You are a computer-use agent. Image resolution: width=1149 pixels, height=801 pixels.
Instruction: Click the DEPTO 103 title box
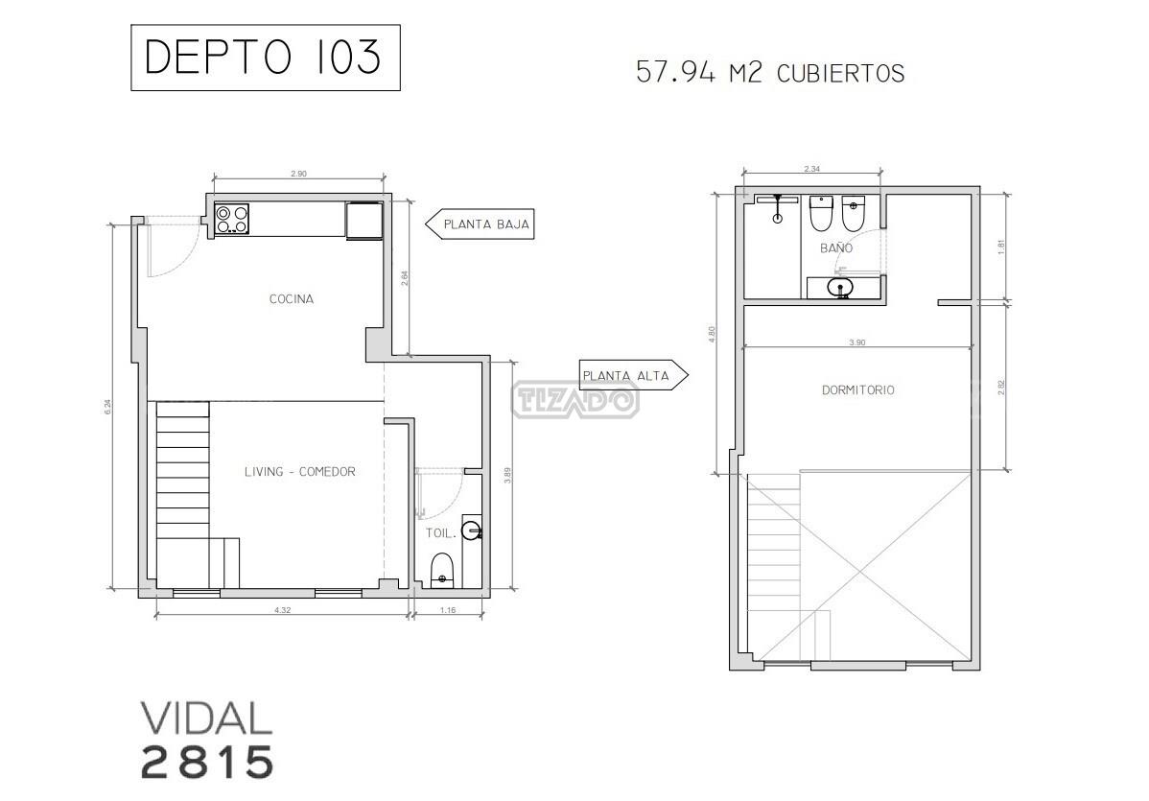[x=266, y=58]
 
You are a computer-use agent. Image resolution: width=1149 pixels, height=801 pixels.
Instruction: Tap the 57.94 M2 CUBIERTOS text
[x=770, y=73]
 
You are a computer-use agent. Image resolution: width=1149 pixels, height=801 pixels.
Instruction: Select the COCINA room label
[x=292, y=299]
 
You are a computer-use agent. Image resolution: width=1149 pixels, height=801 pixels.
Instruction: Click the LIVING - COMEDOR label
[x=299, y=472]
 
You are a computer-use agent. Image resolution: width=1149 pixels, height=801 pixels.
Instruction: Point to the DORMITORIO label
[x=858, y=390]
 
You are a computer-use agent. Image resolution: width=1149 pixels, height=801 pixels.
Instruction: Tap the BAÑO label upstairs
[x=836, y=247]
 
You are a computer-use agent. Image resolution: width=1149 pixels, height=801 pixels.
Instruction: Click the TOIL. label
[x=441, y=533]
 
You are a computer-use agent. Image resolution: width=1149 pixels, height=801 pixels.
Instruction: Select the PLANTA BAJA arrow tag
[x=480, y=224]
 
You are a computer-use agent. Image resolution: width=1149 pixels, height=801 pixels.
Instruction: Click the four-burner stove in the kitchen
[x=231, y=219]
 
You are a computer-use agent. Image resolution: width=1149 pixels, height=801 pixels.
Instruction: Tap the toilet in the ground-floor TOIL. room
[x=441, y=570]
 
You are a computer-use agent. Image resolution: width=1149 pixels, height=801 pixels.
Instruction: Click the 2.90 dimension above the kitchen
[x=298, y=175]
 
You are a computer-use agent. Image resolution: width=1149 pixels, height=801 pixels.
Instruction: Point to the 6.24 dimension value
[x=108, y=407]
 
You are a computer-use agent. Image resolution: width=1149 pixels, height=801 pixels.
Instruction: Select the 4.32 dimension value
[x=283, y=610]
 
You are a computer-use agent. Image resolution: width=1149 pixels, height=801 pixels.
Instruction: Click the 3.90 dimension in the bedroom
[x=856, y=342]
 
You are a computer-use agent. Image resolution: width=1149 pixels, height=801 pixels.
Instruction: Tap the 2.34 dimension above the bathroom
[x=812, y=169]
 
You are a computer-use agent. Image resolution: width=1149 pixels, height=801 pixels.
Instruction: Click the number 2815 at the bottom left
[x=207, y=763]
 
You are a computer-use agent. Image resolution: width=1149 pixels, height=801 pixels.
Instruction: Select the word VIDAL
[x=206, y=719]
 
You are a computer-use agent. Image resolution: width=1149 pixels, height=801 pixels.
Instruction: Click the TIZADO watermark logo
[x=575, y=400]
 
